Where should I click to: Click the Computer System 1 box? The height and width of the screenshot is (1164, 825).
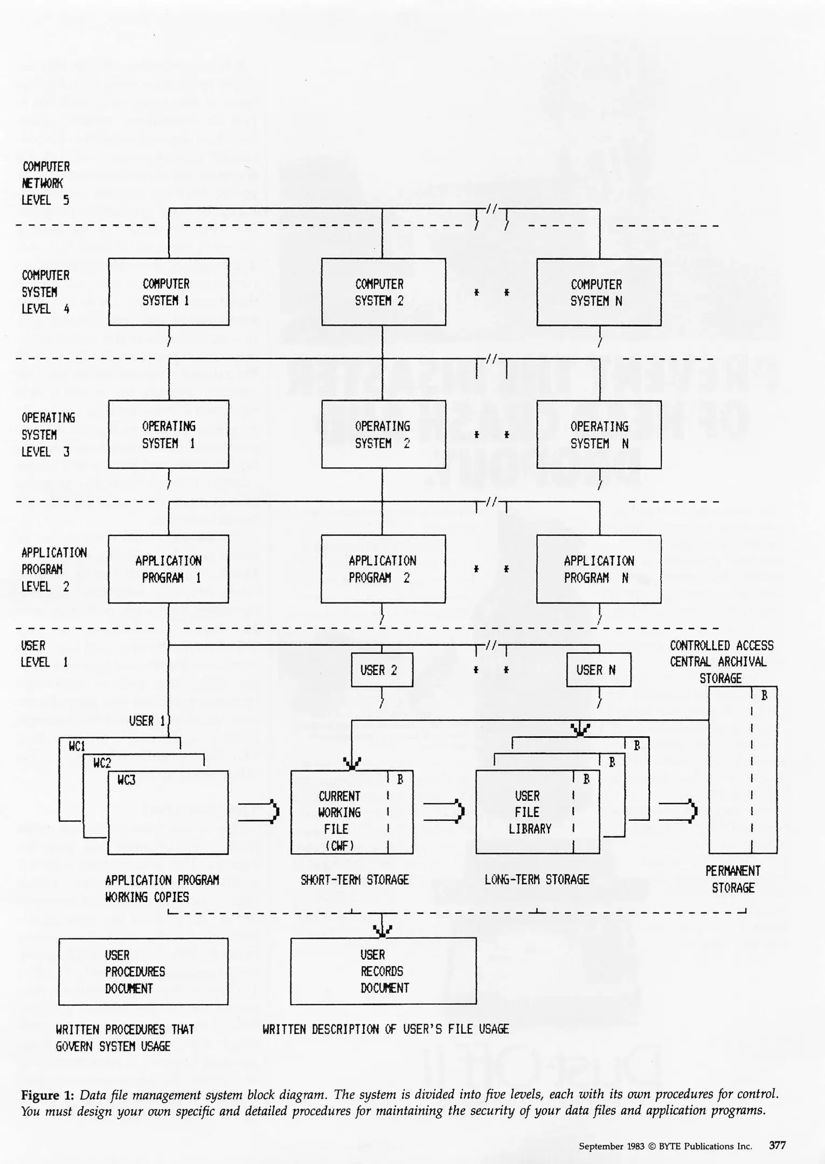coord(169,292)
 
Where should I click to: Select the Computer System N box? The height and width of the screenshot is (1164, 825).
coord(599,292)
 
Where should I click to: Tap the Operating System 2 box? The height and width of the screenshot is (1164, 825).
coord(383,434)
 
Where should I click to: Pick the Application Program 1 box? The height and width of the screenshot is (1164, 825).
coord(168,569)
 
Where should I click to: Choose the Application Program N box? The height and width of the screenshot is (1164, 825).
coord(599,569)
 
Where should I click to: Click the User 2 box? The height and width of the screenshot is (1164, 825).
coord(382,670)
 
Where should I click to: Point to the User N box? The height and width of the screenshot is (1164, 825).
coord(598,670)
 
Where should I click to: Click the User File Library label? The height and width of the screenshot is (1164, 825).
coord(529,812)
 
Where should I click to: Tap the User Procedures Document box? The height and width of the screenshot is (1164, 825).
coord(143,971)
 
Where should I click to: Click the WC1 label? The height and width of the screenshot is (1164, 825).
coord(77,746)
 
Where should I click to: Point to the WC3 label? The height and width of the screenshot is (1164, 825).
coord(126,779)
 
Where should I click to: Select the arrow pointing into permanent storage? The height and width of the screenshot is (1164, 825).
coord(678,811)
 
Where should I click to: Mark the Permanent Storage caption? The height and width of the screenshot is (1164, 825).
coord(733,879)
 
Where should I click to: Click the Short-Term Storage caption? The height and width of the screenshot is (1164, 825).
coord(355,879)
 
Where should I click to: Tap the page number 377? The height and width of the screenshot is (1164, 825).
coord(777,1146)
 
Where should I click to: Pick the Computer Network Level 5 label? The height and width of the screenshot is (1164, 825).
coord(45,183)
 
